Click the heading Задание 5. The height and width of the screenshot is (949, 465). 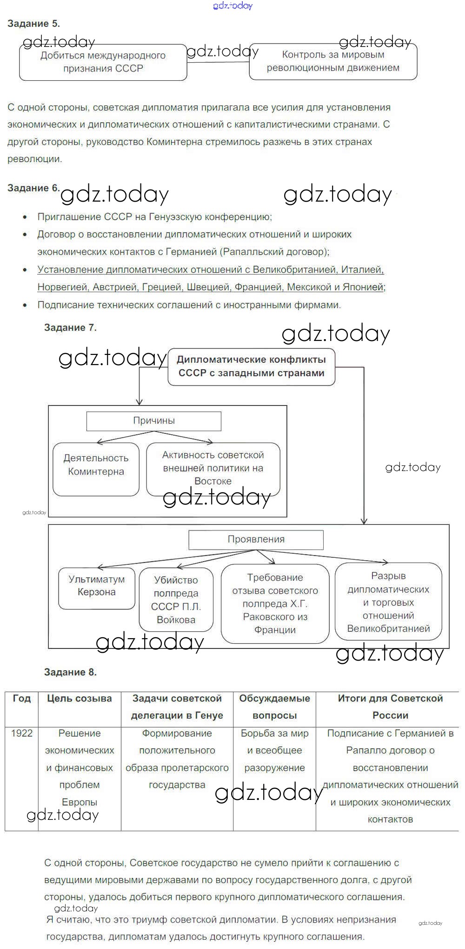(33, 23)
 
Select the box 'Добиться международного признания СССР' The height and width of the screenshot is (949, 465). (103, 62)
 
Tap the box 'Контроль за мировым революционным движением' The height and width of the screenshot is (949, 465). (333, 61)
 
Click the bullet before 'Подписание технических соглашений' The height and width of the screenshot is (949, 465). (25, 305)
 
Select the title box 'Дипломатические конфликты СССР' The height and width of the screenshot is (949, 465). (251, 367)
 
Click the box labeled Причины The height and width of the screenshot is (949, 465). (154, 421)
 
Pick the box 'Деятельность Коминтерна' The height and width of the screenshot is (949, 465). (96, 469)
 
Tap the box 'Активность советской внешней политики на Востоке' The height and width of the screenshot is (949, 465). (213, 468)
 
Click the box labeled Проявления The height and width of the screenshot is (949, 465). (256, 540)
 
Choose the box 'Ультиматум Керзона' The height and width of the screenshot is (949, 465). (96, 588)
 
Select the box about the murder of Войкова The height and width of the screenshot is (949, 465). (176, 600)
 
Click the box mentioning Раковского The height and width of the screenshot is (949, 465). (275, 603)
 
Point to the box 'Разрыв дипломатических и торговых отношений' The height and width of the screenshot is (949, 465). (388, 602)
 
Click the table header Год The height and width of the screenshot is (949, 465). (21, 699)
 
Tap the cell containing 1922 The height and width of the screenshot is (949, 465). (22, 733)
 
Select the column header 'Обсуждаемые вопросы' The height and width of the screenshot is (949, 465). (274, 707)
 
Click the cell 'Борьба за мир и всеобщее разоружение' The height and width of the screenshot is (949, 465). (274, 751)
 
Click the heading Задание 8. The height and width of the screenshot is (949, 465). (70, 672)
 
